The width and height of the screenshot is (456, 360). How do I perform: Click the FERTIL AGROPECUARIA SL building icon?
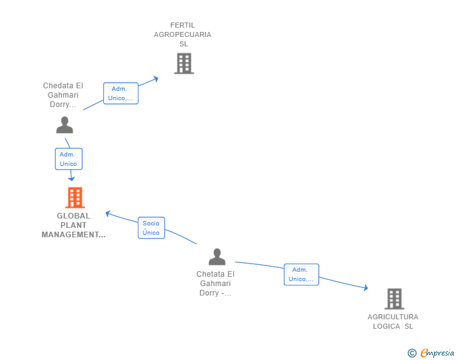(184, 63)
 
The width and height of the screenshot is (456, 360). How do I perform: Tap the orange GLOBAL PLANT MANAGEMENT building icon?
(75, 197)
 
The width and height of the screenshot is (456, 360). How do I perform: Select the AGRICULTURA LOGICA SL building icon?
(395, 299)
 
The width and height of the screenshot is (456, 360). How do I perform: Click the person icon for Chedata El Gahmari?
(65, 125)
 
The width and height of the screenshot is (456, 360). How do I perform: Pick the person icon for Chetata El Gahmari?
(217, 257)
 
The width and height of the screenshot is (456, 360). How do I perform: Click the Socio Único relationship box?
(151, 228)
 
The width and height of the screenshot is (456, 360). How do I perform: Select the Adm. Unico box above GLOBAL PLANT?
(69, 159)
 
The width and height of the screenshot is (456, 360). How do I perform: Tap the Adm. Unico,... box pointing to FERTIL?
(121, 93)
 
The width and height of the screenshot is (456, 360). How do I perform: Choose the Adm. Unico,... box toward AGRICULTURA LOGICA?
(301, 274)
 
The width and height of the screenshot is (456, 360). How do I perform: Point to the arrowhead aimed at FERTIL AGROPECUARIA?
(156, 79)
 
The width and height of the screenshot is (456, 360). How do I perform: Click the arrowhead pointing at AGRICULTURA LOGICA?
(366, 287)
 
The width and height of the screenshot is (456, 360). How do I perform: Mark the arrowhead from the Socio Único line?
(108, 213)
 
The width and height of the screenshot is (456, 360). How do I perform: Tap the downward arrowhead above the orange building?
(71, 178)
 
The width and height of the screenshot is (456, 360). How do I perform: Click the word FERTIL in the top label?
(183, 25)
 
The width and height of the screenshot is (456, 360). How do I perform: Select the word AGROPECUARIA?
(183, 34)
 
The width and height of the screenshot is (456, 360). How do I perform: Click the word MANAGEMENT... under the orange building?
(73, 235)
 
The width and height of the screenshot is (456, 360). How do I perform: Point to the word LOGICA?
(386, 326)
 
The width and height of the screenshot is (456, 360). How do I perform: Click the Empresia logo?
(431, 352)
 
